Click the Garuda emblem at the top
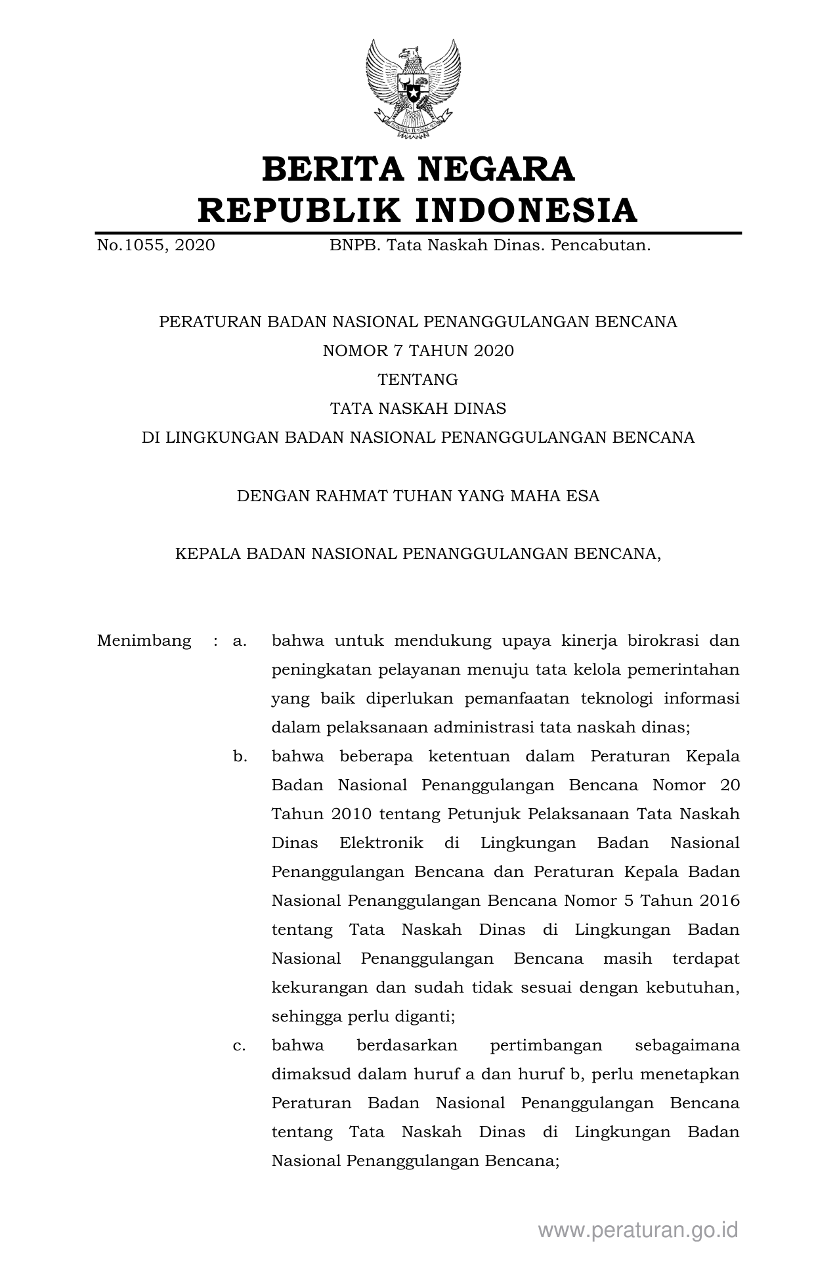(413, 89)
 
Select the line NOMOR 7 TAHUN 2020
(418, 351)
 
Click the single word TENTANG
(418, 380)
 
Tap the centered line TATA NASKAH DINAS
(418, 409)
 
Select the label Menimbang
(144, 640)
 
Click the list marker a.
(240, 640)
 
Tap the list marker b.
(240, 756)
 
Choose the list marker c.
(240, 1045)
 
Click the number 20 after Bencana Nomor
(729, 785)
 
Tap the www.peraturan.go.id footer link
(638, 1230)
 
